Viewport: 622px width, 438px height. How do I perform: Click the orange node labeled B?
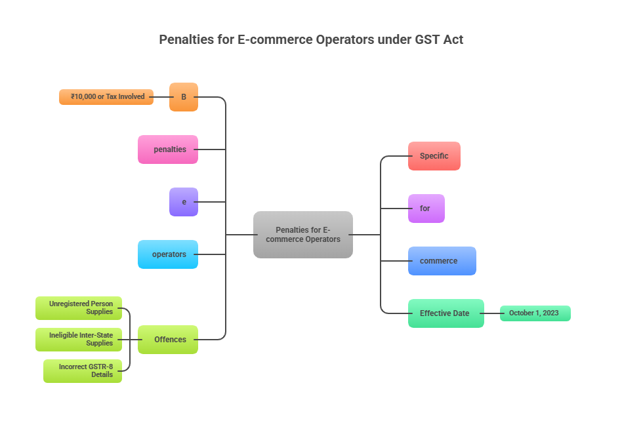184,97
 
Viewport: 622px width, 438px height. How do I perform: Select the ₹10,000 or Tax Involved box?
106,97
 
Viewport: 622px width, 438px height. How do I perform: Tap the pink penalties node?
168,149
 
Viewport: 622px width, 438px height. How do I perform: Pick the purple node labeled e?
184,202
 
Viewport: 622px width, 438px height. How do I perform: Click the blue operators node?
168,254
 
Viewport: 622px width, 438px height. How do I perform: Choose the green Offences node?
168,340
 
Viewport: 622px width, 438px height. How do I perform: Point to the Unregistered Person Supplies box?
79,308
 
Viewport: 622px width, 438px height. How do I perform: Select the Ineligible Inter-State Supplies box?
79,340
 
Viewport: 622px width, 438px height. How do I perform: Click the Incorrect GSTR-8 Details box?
83,371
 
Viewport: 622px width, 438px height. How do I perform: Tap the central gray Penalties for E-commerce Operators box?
303,235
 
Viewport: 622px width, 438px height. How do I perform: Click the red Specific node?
434,156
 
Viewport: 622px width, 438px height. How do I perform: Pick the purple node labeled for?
426,209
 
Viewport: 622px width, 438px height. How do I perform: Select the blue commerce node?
442,261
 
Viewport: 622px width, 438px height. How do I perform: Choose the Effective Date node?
446,313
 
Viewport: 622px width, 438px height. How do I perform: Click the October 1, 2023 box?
535,313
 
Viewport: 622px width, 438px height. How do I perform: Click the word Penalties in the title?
186,39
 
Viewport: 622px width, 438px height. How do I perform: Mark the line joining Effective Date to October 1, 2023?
492,313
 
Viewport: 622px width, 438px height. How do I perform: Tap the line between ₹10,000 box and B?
161,97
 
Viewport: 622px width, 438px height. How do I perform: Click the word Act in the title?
453,39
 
